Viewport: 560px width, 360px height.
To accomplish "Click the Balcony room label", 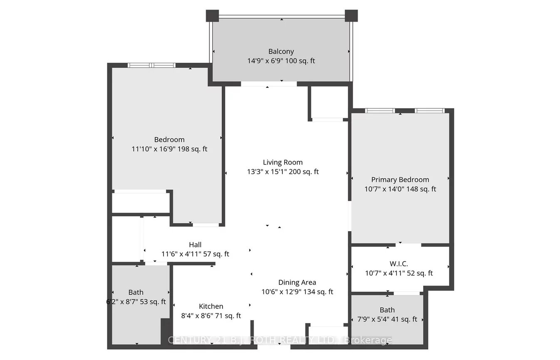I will tap(281, 52).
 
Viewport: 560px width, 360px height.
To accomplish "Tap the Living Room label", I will tap(282, 163).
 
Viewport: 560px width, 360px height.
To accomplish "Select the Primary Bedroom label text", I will tap(400, 180).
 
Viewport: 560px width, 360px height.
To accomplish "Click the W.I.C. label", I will tap(399, 264).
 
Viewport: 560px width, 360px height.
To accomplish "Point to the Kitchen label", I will tap(211, 306).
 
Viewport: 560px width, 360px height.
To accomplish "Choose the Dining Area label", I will tap(297, 283).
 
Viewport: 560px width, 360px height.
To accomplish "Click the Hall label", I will tap(195, 245).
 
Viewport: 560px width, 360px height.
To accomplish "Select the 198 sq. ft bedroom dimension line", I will tap(169, 149).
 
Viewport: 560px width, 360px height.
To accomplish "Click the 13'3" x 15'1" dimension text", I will tap(282, 172).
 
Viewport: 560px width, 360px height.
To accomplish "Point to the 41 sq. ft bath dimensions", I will tap(387, 319).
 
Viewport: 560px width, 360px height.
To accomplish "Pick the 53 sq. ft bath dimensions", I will tap(136, 302).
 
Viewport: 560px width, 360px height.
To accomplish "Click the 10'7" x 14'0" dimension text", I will tap(400, 189).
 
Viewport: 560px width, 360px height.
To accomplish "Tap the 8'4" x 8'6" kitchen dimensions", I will tap(211, 316).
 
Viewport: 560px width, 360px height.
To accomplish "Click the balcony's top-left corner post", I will tap(212, 15).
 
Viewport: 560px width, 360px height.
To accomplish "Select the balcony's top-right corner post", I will tap(351, 15).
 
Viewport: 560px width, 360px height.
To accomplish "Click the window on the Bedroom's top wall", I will tap(151, 65).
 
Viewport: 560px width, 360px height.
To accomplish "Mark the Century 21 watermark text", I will tap(280, 340).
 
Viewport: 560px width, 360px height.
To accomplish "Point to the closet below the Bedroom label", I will tap(141, 203).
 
